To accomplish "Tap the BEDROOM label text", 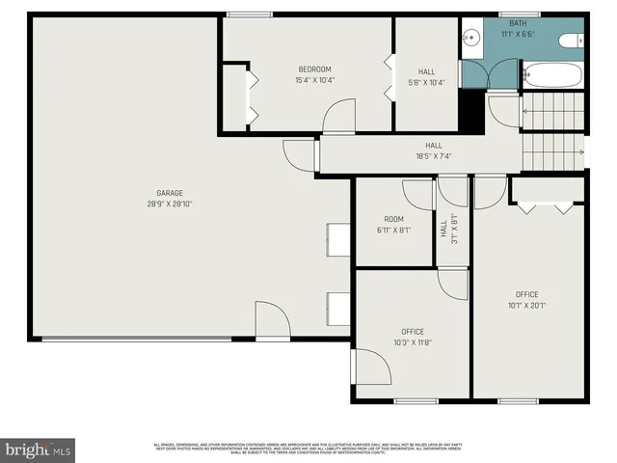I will [x=314, y=68].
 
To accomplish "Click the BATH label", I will [x=517, y=23].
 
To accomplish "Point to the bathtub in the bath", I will [x=551, y=74].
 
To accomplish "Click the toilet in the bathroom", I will [x=571, y=40].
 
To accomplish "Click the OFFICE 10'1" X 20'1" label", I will [x=526, y=299].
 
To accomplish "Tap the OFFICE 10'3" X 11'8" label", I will [x=413, y=337].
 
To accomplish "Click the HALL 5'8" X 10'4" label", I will [x=425, y=76].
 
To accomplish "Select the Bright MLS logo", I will [x=39, y=449].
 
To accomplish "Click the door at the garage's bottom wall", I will [x=272, y=321].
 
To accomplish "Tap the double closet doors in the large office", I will [x=545, y=205].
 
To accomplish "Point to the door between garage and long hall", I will [x=300, y=155].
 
